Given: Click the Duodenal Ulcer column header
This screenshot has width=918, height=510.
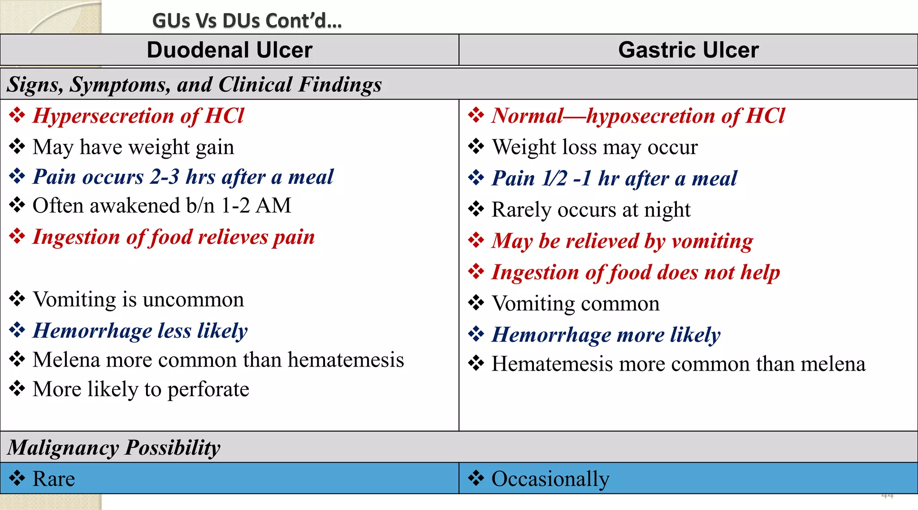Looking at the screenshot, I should (x=229, y=50).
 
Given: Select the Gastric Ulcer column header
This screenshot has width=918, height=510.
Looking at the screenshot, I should (x=688, y=50).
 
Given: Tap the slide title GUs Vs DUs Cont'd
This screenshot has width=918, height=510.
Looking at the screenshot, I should (x=247, y=21).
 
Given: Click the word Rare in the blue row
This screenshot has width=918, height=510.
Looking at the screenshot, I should (x=54, y=479).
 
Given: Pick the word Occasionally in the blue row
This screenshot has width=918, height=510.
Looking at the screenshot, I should (x=550, y=479).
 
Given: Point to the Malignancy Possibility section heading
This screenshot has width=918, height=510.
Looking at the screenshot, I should (x=114, y=447).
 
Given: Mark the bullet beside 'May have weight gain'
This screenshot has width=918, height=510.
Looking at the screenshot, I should (x=17, y=147).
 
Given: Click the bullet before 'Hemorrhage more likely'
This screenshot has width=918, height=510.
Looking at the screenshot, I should (x=476, y=334).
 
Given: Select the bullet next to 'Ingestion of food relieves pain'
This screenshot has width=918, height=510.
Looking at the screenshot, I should (x=17, y=236).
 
